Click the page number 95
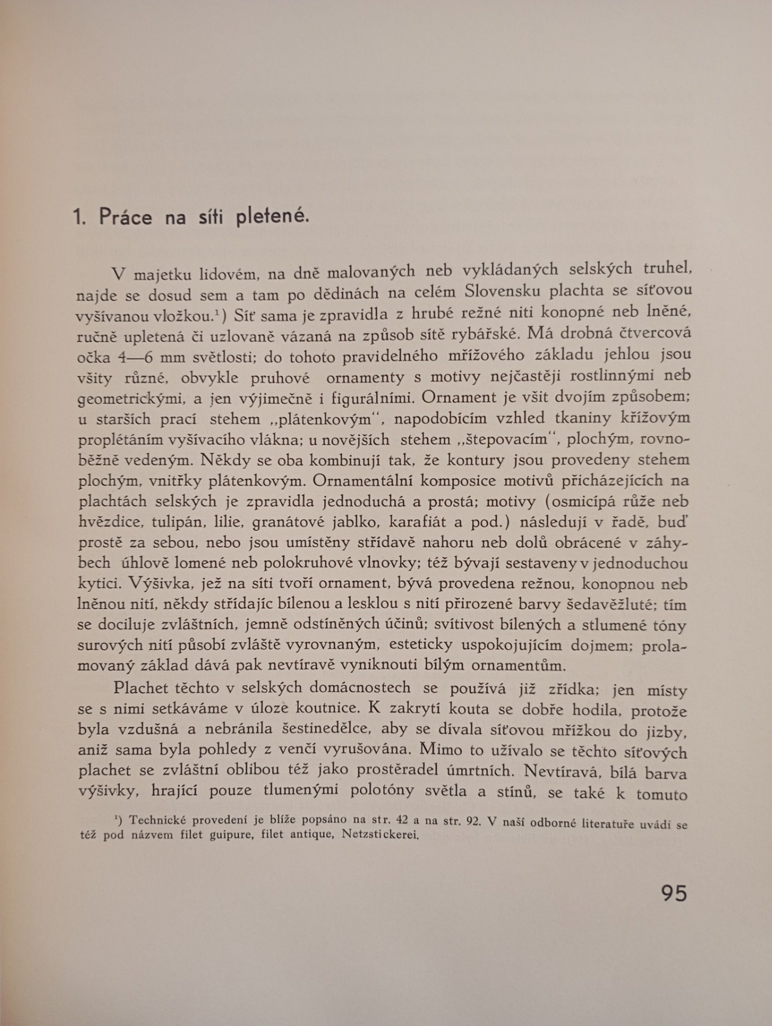tap(674, 893)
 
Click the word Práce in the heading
tap(125, 217)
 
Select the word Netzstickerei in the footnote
tap(380, 835)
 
